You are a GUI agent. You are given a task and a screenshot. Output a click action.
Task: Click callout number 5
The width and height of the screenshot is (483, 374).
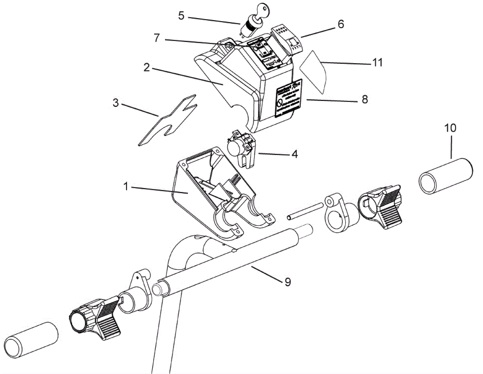[181, 16]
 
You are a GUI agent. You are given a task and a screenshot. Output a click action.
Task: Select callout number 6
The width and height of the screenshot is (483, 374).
[341, 24]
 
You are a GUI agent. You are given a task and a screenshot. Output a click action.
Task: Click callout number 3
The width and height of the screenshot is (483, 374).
[116, 103]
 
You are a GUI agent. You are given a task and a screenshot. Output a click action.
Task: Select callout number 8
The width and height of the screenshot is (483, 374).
[365, 99]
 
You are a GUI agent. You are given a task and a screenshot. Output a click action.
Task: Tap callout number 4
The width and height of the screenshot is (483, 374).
[295, 154]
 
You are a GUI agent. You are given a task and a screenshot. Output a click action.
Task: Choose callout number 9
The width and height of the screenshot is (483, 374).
[287, 282]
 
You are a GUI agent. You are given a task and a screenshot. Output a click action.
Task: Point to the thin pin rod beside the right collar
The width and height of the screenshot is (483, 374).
[305, 210]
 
